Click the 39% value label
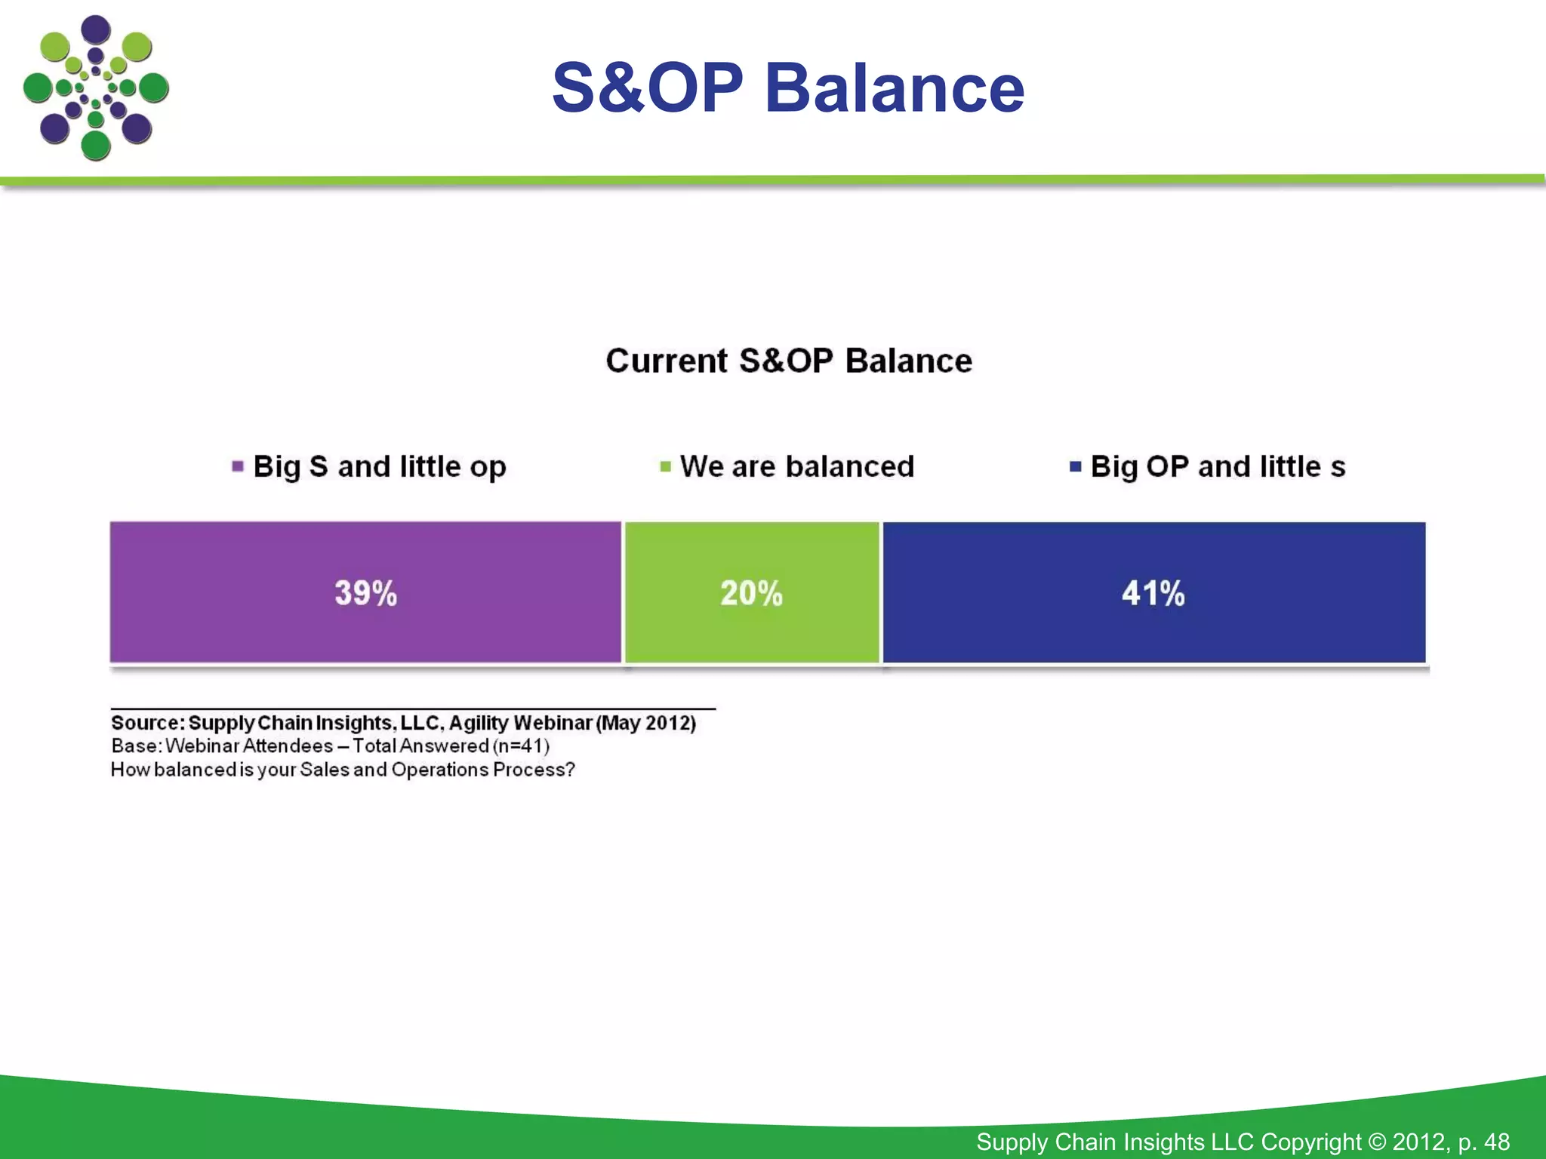(x=365, y=593)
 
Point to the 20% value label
(x=751, y=593)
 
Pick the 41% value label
(x=1153, y=593)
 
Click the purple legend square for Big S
(x=238, y=466)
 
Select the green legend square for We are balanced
(x=665, y=466)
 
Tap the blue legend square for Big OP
(x=1075, y=466)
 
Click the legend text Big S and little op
(x=380, y=466)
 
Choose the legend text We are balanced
(x=797, y=466)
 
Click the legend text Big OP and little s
(x=1218, y=466)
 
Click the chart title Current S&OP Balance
(x=789, y=361)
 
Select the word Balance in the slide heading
(x=895, y=88)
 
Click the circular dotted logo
(x=96, y=88)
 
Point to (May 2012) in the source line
(x=646, y=723)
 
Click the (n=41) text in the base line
(x=521, y=746)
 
